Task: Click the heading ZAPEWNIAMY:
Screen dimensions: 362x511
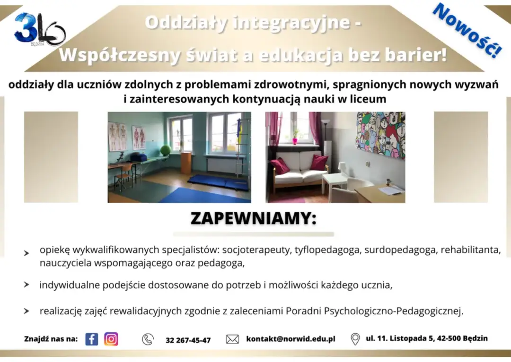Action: click(253, 218)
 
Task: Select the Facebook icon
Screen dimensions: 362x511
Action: click(92, 339)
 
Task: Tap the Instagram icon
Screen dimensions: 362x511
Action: click(111, 339)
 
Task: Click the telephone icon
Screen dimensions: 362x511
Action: click(148, 339)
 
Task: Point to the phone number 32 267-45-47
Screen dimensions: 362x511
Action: click(188, 340)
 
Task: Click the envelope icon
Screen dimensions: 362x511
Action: click(232, 339)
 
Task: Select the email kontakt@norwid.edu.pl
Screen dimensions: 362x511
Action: click(291, 339)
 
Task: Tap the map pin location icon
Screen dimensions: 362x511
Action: click(355, 339)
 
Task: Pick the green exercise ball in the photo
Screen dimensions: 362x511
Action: click(165, 150)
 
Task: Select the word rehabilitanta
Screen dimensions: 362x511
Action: click(470, 250)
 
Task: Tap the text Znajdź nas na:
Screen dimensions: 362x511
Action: click(51, 339)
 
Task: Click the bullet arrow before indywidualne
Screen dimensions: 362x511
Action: click(26, 285)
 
